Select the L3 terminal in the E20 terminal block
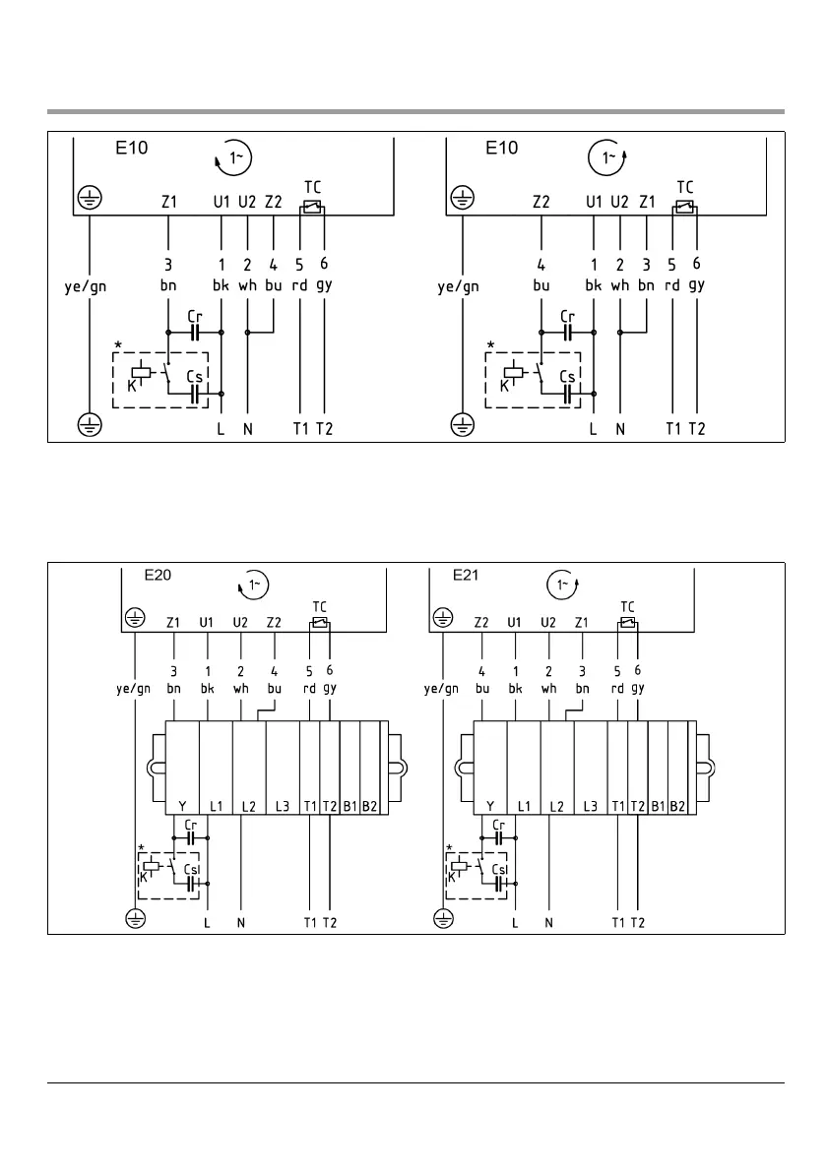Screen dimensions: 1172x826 282,806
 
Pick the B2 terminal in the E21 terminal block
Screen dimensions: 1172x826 678,806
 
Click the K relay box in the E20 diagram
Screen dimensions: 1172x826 151,867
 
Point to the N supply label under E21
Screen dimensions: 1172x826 549,922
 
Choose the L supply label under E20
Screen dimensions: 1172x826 207,922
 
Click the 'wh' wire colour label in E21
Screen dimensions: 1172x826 549,689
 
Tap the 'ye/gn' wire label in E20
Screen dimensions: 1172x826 131,689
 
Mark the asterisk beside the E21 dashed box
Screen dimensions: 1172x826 449,847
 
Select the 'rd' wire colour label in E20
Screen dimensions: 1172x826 310,689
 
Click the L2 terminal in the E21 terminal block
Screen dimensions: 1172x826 556,806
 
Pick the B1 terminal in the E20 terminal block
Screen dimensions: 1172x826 349,806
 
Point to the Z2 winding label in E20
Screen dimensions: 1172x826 274,622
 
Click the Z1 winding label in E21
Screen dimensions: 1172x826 582,622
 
